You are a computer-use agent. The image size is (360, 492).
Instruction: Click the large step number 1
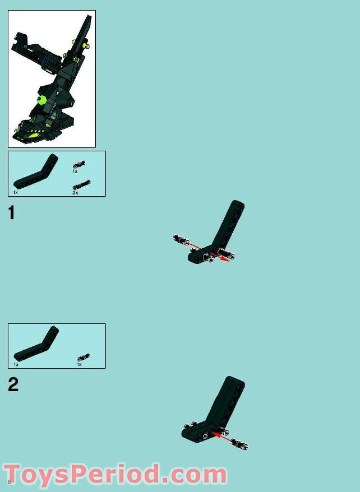tap(12, 213)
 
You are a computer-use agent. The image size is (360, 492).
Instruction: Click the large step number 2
tap(13, 384)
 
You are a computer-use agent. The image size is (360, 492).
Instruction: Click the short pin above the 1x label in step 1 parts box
tap(79, 164)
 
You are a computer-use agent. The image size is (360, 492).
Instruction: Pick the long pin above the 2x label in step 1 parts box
tap(81, 184)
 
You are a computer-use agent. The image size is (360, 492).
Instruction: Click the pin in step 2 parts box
tap(84, 357)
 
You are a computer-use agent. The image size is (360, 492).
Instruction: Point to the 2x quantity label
tap(75, 193)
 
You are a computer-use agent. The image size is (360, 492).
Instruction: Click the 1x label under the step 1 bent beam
tap(15, 192)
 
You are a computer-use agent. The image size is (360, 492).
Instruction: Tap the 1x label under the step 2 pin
tap(80, 364)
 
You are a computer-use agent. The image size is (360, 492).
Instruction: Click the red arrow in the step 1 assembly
tap(209, 252)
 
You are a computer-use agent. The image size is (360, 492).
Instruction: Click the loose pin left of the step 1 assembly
tap(181, 240)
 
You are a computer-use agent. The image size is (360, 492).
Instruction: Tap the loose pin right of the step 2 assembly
tap(239, 444)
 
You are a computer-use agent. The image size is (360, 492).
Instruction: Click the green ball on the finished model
tap(41, 100)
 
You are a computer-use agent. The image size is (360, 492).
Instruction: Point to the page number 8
tap(10, 482)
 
